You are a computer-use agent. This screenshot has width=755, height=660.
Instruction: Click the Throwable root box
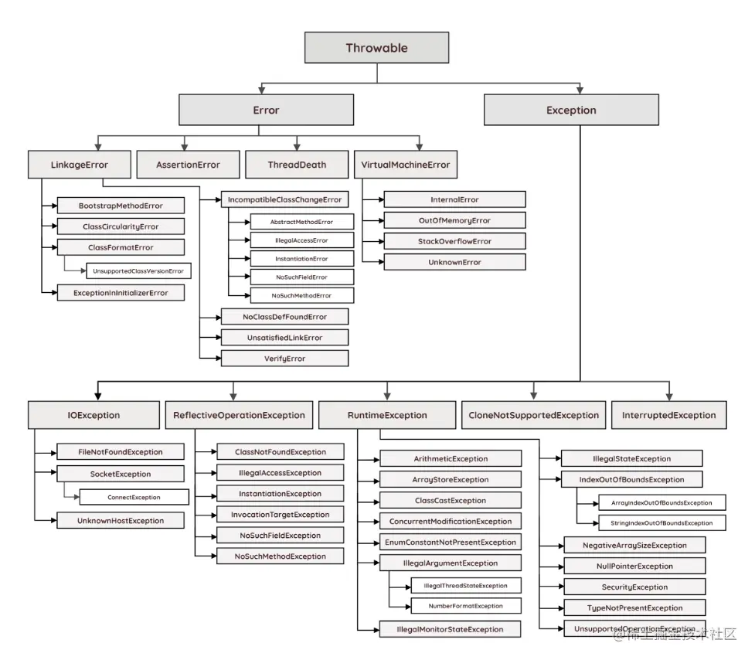point(376,48)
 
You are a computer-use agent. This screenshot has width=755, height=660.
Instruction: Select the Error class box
point(266,110)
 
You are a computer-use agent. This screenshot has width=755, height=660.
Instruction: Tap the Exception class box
point(571,110)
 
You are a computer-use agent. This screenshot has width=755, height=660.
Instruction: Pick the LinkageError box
point(79,165)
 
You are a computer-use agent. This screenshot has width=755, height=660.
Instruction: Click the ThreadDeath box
point(297,165)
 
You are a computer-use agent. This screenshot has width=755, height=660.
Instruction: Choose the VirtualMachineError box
point(406,165)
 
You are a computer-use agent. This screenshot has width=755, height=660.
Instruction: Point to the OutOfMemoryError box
point(454,220)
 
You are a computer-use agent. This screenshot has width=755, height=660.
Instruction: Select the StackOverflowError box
point(454,241)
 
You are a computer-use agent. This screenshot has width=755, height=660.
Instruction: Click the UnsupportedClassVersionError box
point(138,271)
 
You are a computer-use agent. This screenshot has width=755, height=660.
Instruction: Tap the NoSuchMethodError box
point(301,295)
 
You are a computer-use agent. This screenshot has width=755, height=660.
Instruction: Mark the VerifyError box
point(284,359)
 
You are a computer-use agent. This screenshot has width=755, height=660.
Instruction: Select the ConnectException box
point(133,497)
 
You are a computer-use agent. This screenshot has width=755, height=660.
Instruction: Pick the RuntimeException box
point(387,415)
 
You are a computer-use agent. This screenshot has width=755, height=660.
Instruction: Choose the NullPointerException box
point(634,566)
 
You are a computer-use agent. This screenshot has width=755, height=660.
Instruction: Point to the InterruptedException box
point(668,415)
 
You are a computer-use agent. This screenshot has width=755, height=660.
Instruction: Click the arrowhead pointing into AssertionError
point(183,146)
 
